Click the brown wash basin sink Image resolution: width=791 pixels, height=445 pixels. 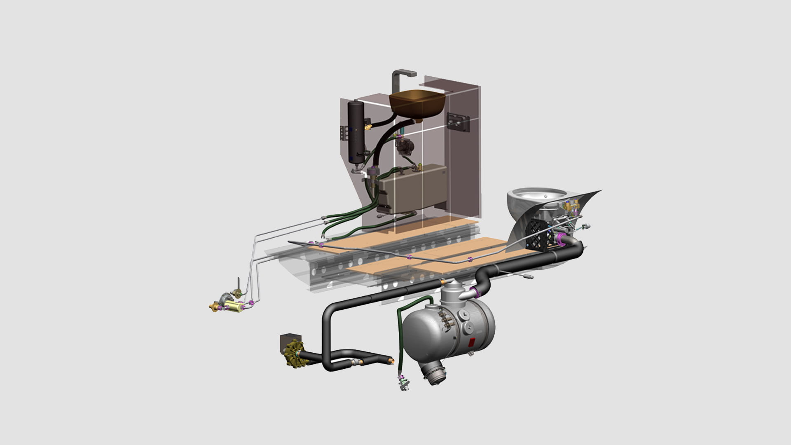click(x=417, y=104)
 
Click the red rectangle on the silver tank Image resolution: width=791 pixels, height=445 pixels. click(x=473, y=342)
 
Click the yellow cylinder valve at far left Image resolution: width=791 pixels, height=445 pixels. click(x=233, y=306)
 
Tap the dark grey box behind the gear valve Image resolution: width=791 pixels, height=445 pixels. click(x=288, y=342)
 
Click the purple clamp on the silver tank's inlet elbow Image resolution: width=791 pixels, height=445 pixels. click(x=478, y=293)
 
